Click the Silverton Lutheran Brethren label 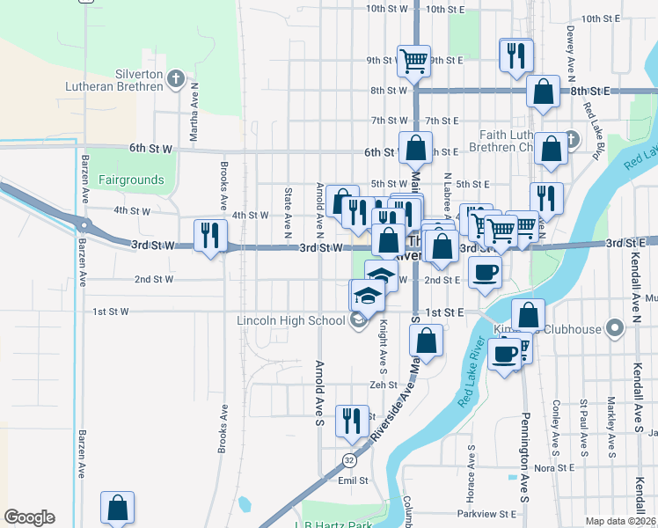click(114, 80)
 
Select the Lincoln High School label click(290, 320)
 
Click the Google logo click(29, 517)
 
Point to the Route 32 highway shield click(349, 459)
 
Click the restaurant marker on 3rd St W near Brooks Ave click(209, 236)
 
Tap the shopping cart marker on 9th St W click(413, 62)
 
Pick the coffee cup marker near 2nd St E click(484, 273)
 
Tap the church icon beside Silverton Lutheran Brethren click(175, 80)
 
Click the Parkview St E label click(486, 513)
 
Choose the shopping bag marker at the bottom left click(117, 509)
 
